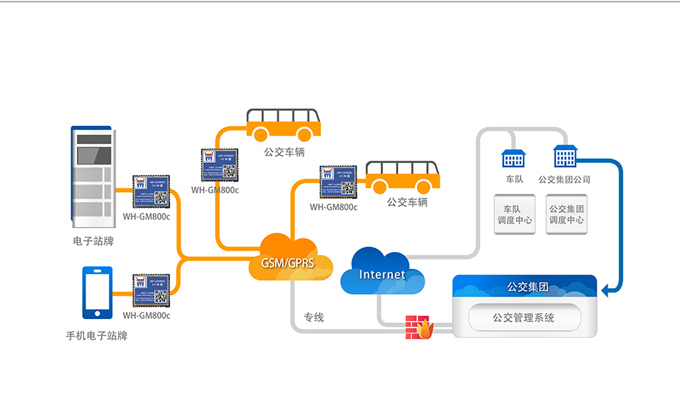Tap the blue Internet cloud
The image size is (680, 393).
pos(382,272)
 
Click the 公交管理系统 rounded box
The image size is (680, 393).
pos(524,318)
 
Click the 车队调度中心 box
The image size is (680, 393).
pos(515,214)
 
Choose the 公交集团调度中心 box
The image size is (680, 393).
pos(567,214)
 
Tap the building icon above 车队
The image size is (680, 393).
pos(513,158)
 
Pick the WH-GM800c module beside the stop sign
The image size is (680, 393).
pos(151,193)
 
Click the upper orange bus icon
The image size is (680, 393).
pos(283,125)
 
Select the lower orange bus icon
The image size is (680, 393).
pos(402,178)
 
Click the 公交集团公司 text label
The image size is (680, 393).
pos(564,180)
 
